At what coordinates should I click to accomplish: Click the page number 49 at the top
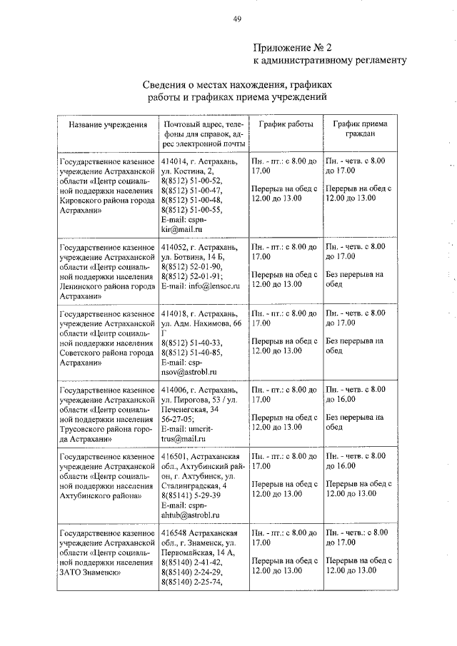pos(236,19)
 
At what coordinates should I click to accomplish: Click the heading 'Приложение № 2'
pos(293,48)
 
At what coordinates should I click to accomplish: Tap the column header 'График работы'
pos(286,124)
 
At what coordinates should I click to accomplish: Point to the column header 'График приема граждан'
pos(360,128)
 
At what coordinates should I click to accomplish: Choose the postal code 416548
pos(176,533)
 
